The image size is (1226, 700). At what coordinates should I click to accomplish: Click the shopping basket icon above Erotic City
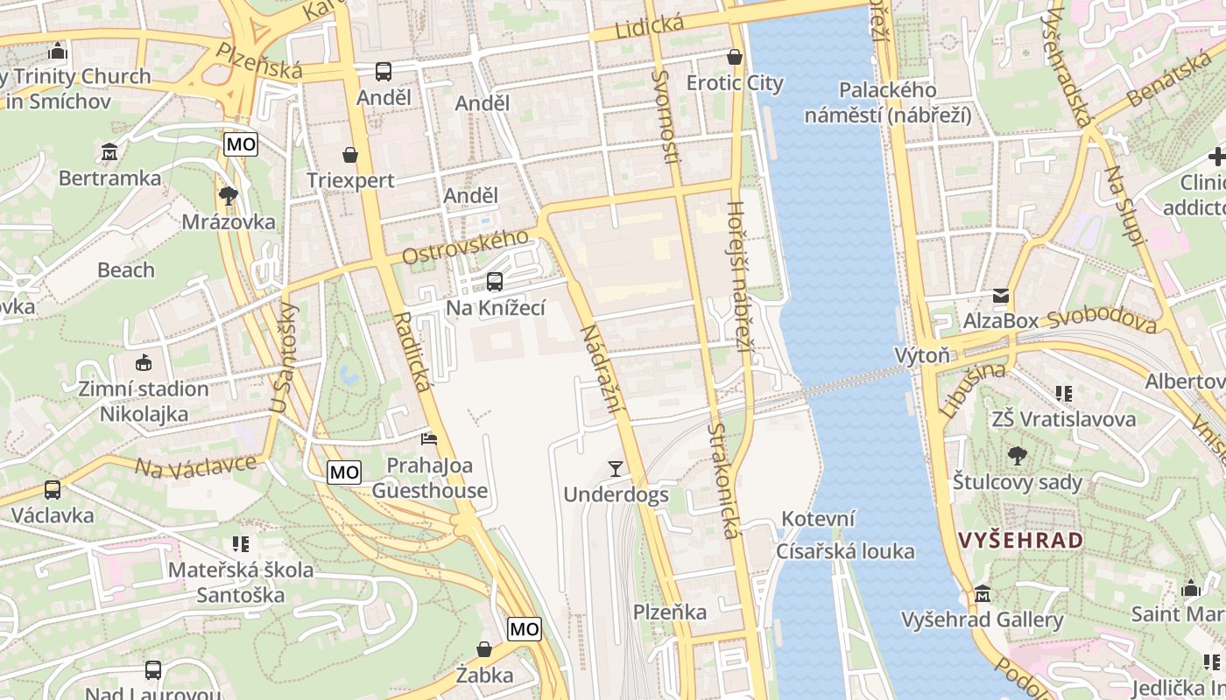point(735,57)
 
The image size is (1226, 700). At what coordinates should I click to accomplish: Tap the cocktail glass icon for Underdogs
point(616,469)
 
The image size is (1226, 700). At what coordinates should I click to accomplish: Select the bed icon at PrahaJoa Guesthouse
point(429,438)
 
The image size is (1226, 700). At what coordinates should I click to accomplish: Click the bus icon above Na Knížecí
point(495,282)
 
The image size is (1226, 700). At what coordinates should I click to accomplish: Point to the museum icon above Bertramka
point(109,152)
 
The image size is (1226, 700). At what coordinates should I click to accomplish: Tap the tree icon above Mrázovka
point(229,195)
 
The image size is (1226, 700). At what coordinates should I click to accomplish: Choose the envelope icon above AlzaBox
point(1000,296)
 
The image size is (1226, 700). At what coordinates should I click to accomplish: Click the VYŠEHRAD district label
point(1021,540)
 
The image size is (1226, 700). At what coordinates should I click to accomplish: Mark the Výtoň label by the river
point(922,355)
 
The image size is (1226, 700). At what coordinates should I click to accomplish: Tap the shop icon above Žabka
point(483,649)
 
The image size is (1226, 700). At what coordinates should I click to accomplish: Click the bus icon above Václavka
point(53,490)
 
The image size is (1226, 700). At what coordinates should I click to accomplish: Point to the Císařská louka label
point(845,551)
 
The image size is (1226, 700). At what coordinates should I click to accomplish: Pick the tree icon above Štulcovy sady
point(1017,456)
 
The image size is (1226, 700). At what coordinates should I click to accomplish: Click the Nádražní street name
point(601,368)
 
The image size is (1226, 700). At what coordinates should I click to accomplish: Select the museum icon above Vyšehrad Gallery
point(983,594)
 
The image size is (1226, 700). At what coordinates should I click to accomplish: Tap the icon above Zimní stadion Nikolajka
point(144,362)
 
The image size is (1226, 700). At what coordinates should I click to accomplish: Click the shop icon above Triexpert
point(350,155)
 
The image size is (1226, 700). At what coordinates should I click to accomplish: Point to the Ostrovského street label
point(466,247)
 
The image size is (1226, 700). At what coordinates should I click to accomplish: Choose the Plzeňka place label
point(670,612)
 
